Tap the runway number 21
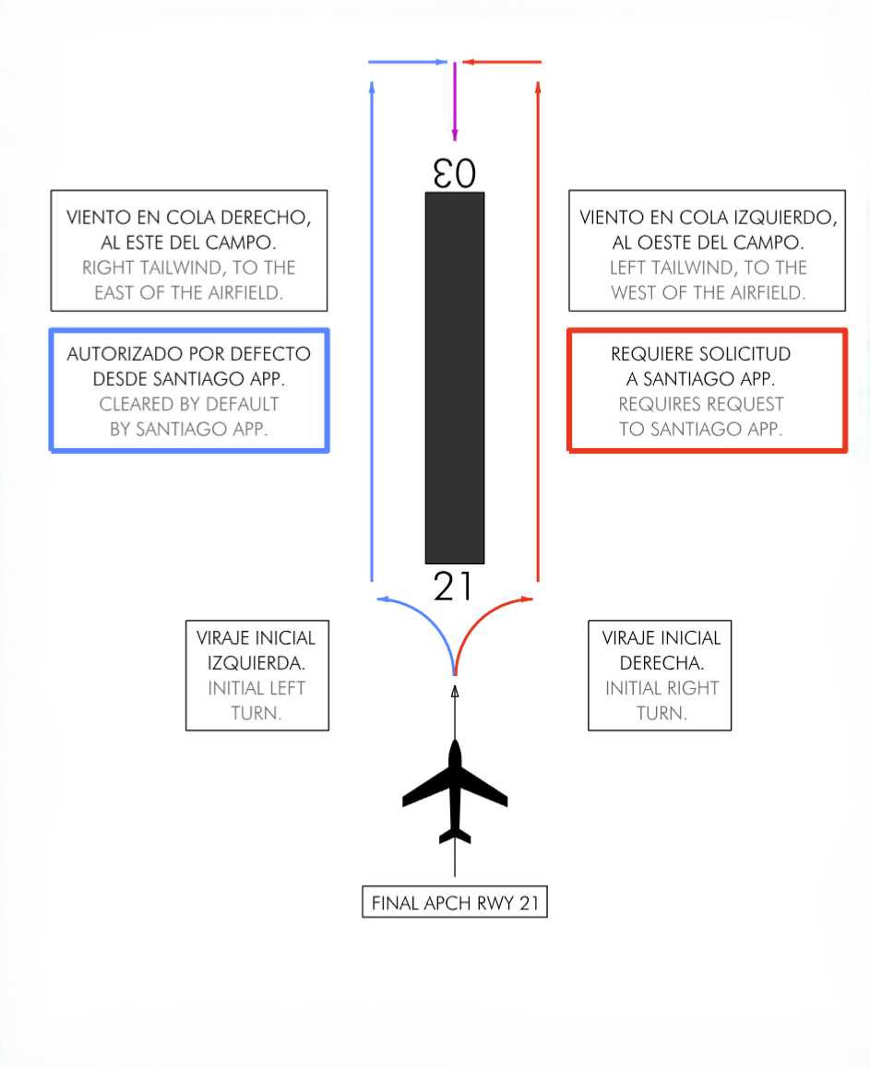click(454, 587)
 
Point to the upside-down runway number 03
click(454, 173)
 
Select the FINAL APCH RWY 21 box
click(454, 903)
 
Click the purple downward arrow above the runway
click(454, 101)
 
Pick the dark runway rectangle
click(454, 378)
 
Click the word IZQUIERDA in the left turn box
click(256, 662)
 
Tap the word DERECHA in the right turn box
click(660, 662)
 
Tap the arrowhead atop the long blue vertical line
click(372, 87)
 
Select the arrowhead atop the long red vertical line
click(538, 87)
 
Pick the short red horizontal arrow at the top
click(502, 63)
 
